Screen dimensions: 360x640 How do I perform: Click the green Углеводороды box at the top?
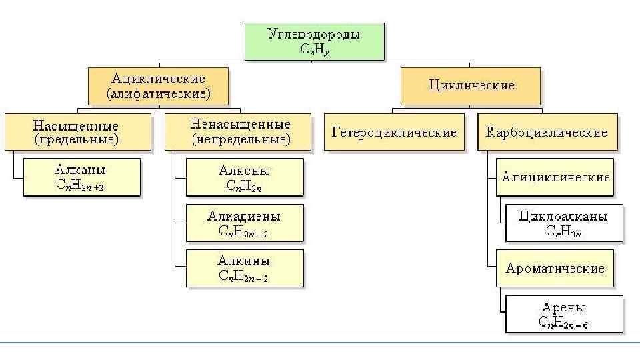click(x=314, y=41)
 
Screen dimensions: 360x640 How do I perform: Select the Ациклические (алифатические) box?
click(x=159, y=86)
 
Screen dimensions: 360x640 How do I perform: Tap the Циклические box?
click(x=471, y=86)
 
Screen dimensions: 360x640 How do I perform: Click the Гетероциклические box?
click(x=394, y=132)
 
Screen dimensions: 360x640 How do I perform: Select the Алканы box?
click(x=81, y=177)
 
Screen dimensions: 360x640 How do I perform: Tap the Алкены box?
click(x=244, y=177)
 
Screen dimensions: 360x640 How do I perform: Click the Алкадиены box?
click(x=244, y=223)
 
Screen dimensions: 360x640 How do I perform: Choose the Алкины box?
click(x=244, y=268)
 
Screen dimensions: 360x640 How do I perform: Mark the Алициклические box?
click(x=555, y=177)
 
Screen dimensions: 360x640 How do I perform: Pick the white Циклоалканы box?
click(x=563, y=223)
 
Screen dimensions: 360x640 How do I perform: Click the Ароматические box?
click(x=555, y=268)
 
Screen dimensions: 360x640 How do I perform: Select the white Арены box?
click(x=563, y=314)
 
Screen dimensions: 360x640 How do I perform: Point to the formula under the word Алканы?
click(x=80, y=187)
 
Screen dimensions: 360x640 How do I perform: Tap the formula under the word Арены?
click(x=563, y=323)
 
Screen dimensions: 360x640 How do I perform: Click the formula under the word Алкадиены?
click(x=243, y=232)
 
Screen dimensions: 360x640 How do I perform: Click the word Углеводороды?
click(x=313, y=34)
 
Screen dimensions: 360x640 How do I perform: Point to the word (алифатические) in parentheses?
click(x=159, y=94)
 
